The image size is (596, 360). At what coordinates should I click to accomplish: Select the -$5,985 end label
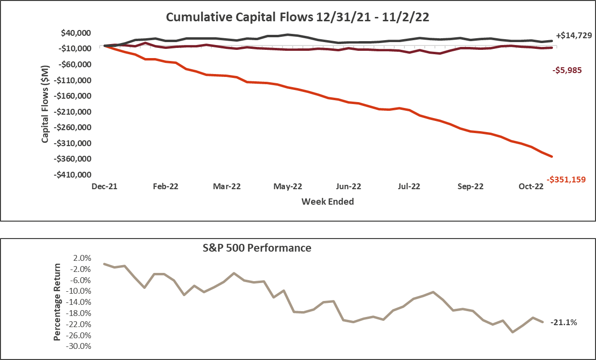tap(567, 70)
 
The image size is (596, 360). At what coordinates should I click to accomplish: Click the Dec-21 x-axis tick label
tap(104, 186)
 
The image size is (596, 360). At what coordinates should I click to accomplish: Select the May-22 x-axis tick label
tap(288, 186)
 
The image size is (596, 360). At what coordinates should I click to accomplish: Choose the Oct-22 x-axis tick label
tap(531, 186)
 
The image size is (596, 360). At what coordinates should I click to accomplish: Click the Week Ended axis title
tap(328, 201)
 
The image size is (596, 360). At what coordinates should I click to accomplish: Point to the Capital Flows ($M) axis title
tap(45, 104)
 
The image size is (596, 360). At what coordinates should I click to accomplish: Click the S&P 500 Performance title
tap(256, 248)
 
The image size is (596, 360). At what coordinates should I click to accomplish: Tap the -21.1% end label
tap(564, 322)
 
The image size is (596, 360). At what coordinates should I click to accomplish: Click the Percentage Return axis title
tap(58, 302)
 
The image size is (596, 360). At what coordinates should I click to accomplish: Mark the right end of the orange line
tap(552, 156)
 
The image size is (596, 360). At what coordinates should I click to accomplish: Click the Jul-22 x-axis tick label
tap(409, 186)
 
